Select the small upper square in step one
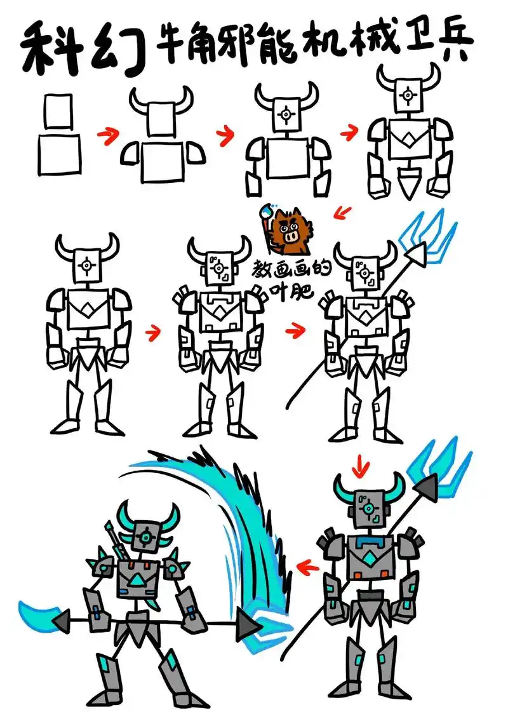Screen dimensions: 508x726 click(x=59, y=111)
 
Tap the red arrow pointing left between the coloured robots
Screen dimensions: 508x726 click(x=309, y=566)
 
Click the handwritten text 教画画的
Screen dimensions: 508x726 click(x=291, y=271)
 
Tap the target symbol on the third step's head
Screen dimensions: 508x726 click(x=286, y=114)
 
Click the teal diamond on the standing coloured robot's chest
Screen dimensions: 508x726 click(x=370, y=556)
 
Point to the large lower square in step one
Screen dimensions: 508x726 click(x=60, y=155)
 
